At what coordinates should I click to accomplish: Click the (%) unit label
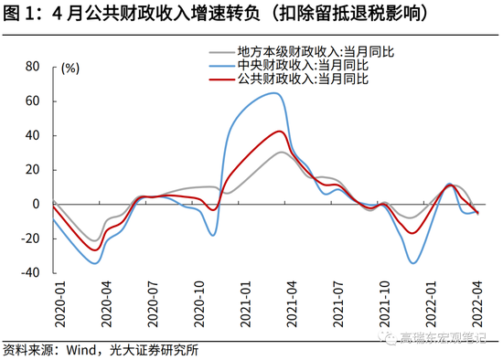[x=70, y=68]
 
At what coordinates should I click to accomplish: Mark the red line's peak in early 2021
[x=283, y=131]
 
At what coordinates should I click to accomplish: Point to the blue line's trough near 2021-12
[x=413, y=263]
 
